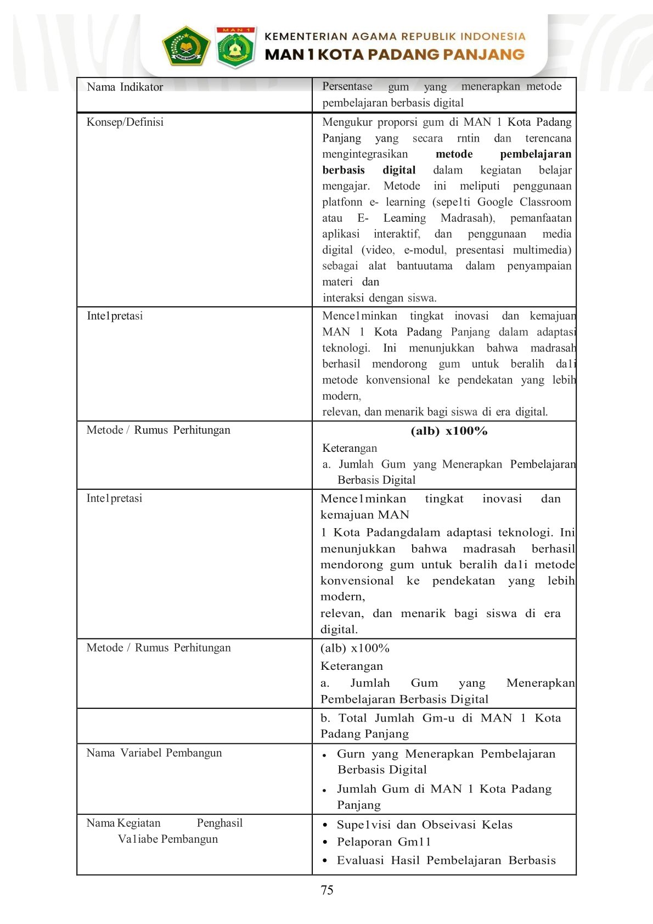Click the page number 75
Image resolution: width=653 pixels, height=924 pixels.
[327, 890]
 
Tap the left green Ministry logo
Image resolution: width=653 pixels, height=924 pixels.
[186, 46]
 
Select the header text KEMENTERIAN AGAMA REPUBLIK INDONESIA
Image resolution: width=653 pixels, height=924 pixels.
[395, 37]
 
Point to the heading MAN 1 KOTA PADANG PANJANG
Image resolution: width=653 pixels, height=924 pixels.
[395, 54]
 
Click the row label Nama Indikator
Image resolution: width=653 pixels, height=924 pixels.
[125, 87]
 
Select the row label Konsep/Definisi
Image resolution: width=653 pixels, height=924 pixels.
[125, 122]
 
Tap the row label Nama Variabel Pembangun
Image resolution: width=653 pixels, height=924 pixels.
[154, 753]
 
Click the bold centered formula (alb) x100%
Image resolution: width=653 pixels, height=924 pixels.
[449, 431]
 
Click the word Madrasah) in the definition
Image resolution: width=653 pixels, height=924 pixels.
[468, 218]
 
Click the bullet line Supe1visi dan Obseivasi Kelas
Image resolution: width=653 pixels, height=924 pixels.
[424, 825]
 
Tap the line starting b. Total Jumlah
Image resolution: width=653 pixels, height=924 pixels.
[441, 718]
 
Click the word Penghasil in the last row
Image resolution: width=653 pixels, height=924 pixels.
[219, 823]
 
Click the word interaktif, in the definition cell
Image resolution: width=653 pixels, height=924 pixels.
[397, 234]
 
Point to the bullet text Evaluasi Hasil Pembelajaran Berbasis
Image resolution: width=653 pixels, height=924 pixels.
[446, 860]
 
